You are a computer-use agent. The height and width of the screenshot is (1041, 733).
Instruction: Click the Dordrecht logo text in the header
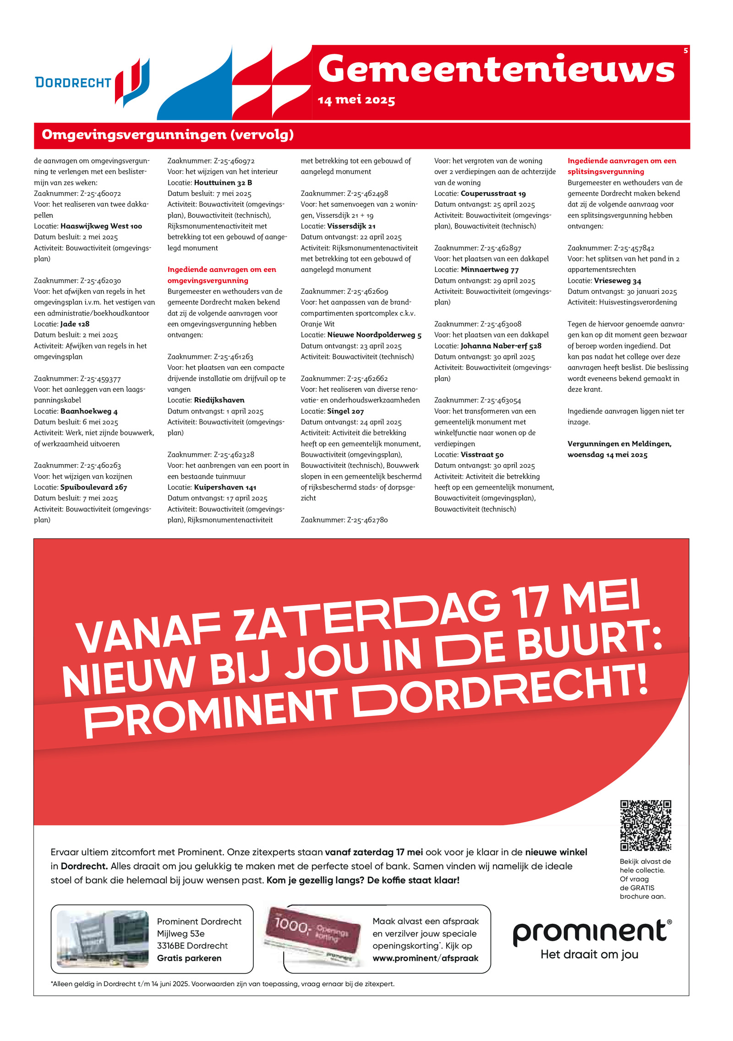coord(73,82)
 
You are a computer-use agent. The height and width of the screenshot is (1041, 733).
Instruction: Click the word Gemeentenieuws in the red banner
coord(496,69)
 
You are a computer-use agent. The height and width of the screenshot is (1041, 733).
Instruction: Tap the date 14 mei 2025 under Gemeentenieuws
coord(356,100)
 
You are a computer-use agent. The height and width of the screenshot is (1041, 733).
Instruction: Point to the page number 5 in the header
coord(685,51)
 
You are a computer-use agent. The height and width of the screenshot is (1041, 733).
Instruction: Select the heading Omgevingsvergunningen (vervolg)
coord(168,135)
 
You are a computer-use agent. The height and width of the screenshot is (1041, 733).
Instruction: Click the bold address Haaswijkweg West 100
coord(101,226)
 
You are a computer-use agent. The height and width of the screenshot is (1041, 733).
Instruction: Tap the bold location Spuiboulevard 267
coord(93,487)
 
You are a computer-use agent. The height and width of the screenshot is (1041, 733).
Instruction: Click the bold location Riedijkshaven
coord(219,400)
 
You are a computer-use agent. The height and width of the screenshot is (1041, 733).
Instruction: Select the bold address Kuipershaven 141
coord(225,487)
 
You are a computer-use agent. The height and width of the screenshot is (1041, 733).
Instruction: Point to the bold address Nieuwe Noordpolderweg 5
coord(374,335)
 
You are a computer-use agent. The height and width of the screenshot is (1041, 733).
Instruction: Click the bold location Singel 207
coord(345,411)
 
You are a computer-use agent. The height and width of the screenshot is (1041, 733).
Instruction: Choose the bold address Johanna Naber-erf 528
coord(501,346)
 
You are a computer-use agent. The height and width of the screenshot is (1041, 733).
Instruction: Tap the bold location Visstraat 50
coord(482,455)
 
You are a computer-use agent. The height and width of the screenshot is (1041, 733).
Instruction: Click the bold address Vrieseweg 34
coord(617,281)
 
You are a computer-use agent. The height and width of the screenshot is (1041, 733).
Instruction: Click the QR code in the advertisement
coord(645,825)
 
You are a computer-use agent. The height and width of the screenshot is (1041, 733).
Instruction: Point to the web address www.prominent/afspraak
coord(425,958)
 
